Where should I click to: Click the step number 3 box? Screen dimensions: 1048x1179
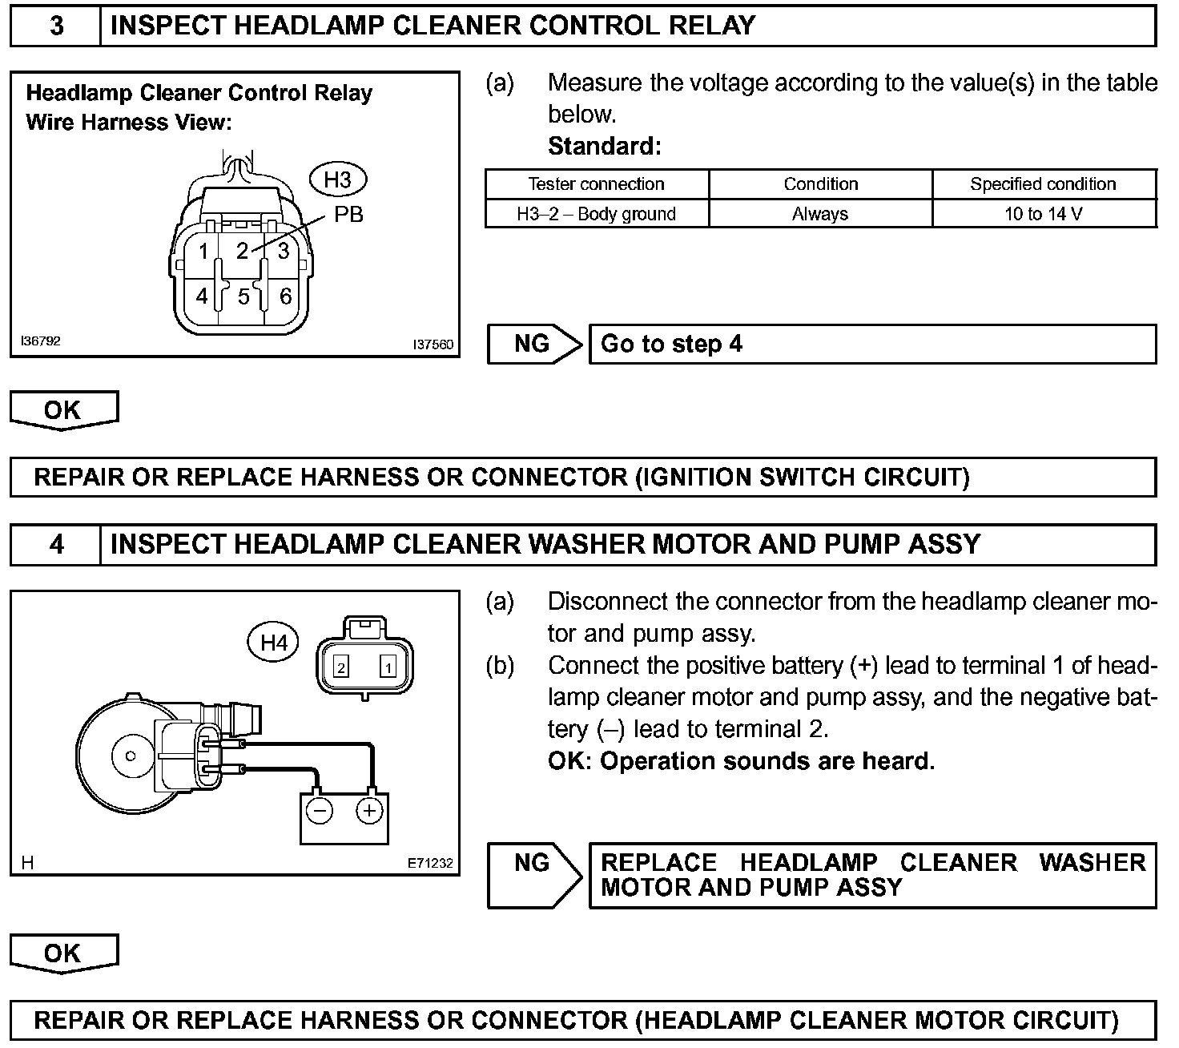pos(56,26)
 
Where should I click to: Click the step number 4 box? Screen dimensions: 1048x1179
pos(56,545)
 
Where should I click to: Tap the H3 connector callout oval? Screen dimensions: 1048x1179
pos(337,179)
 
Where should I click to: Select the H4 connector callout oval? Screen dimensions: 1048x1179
pos(274,642)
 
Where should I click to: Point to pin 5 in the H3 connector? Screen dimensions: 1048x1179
pos(243,297)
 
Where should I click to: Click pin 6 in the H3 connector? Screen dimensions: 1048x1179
pos(285,296)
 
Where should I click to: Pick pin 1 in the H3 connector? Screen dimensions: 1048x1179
pos(203,252)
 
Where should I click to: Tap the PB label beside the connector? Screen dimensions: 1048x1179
pos(348,215)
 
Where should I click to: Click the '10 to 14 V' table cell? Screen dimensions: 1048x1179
pos(1044,214)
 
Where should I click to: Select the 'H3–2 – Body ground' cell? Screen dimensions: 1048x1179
pos(597,214)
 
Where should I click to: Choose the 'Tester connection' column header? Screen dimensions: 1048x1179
pos(597,184)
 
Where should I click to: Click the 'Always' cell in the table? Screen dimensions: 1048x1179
pos(820,214)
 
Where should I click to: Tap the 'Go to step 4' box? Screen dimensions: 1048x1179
pos(872,345)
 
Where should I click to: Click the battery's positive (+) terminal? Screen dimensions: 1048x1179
pos(368,812)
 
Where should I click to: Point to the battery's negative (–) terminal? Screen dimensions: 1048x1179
pos(320,812)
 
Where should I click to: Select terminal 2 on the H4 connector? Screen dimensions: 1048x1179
pos(341,667)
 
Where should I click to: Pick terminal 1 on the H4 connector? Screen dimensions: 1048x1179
pos(388,667)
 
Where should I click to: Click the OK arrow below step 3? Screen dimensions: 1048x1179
pos(63,410)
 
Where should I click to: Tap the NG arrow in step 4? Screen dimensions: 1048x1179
pos(534,874)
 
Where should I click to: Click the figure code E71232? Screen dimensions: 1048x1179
pos(430,863)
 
